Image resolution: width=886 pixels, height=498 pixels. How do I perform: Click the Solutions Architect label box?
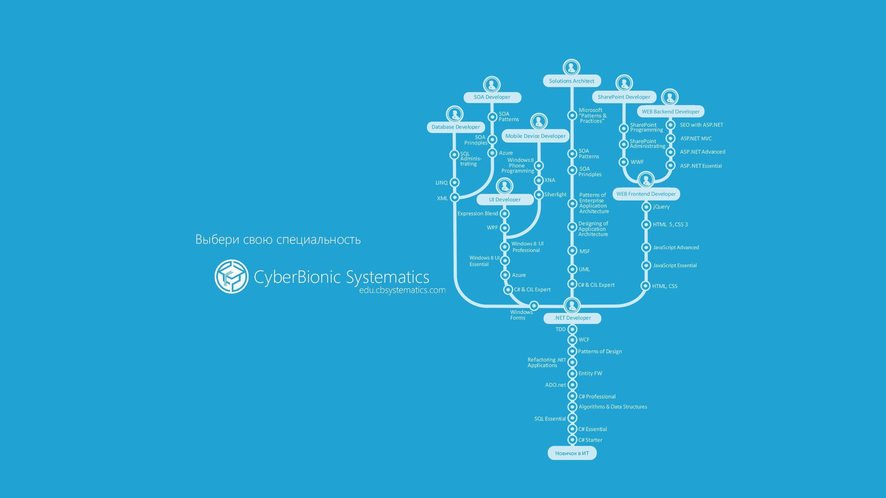(x=572, y=81)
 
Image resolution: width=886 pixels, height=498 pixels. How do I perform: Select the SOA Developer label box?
(x=492, y=97)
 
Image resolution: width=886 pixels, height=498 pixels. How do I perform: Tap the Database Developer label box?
(x=456, y=127)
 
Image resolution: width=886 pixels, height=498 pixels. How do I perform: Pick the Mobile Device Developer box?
(x=535, y=136)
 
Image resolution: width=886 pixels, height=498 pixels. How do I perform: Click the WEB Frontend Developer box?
(x=646, y=194)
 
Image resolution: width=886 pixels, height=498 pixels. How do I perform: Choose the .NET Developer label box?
(x=572, y=318)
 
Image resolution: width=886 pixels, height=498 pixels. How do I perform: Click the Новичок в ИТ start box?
(x=572, y=453)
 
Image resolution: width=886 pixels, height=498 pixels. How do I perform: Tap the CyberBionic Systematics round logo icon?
(x=232, y=277)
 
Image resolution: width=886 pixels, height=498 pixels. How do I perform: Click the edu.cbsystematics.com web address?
(x=402, y=290)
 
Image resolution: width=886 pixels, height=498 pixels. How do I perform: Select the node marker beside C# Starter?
(x=572, y=440)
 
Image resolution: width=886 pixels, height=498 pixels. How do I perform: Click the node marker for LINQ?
(x=455, y=182)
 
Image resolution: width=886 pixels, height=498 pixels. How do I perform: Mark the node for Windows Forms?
(x=534, y=306)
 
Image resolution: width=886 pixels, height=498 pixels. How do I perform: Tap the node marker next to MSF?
(x=572, y=251)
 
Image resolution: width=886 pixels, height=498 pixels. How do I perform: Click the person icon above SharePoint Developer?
(x=623, y=84)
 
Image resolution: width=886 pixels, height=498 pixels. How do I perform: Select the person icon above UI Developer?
(x=505, y=186)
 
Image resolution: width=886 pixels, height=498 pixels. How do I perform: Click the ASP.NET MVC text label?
(x=696, y=139)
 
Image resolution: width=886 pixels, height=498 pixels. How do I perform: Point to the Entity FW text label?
(x=590, y=373)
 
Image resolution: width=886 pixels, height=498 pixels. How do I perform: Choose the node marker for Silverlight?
(x=539, y=195)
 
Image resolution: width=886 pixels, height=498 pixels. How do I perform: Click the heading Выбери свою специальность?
(x=278, y=239)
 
